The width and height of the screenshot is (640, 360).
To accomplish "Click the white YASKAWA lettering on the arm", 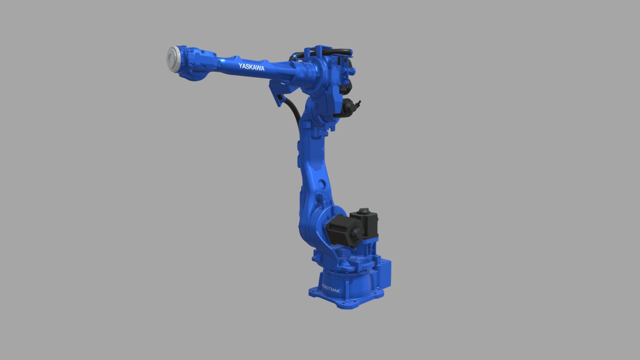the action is pos(251,67).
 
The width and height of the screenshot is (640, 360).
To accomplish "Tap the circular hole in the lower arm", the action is pos(322,184).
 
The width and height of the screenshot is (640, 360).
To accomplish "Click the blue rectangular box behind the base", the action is pos(385,275).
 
